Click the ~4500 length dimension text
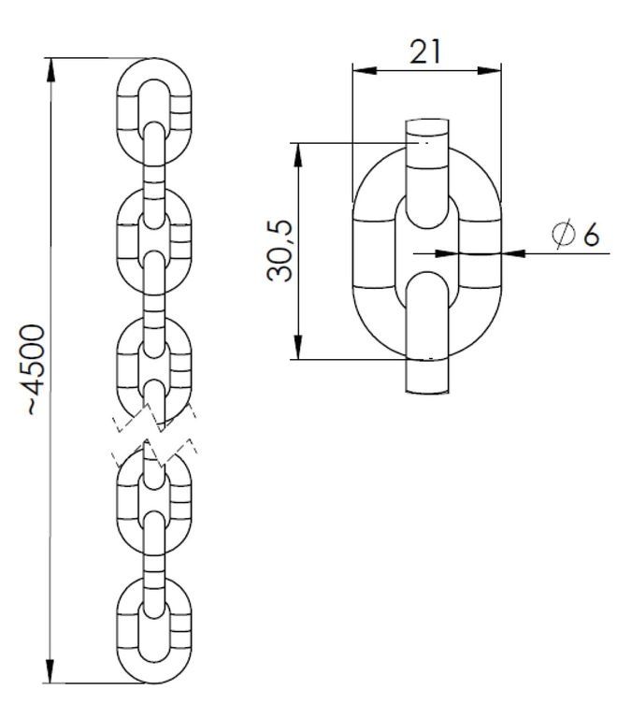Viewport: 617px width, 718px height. tap(36, 370)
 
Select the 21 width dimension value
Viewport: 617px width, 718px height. tap(425, 51)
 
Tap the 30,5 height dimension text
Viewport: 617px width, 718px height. tap(280, 251)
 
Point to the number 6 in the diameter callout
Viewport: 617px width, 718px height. tap(591, 235)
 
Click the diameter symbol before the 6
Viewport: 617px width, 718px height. tap(563, 234)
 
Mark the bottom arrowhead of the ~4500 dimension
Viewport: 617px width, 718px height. tap(50, 671)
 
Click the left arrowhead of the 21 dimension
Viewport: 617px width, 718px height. tap(365, 70)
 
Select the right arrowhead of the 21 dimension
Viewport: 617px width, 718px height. tap(489, 70)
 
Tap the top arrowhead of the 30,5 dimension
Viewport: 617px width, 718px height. tap(298, 155)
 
